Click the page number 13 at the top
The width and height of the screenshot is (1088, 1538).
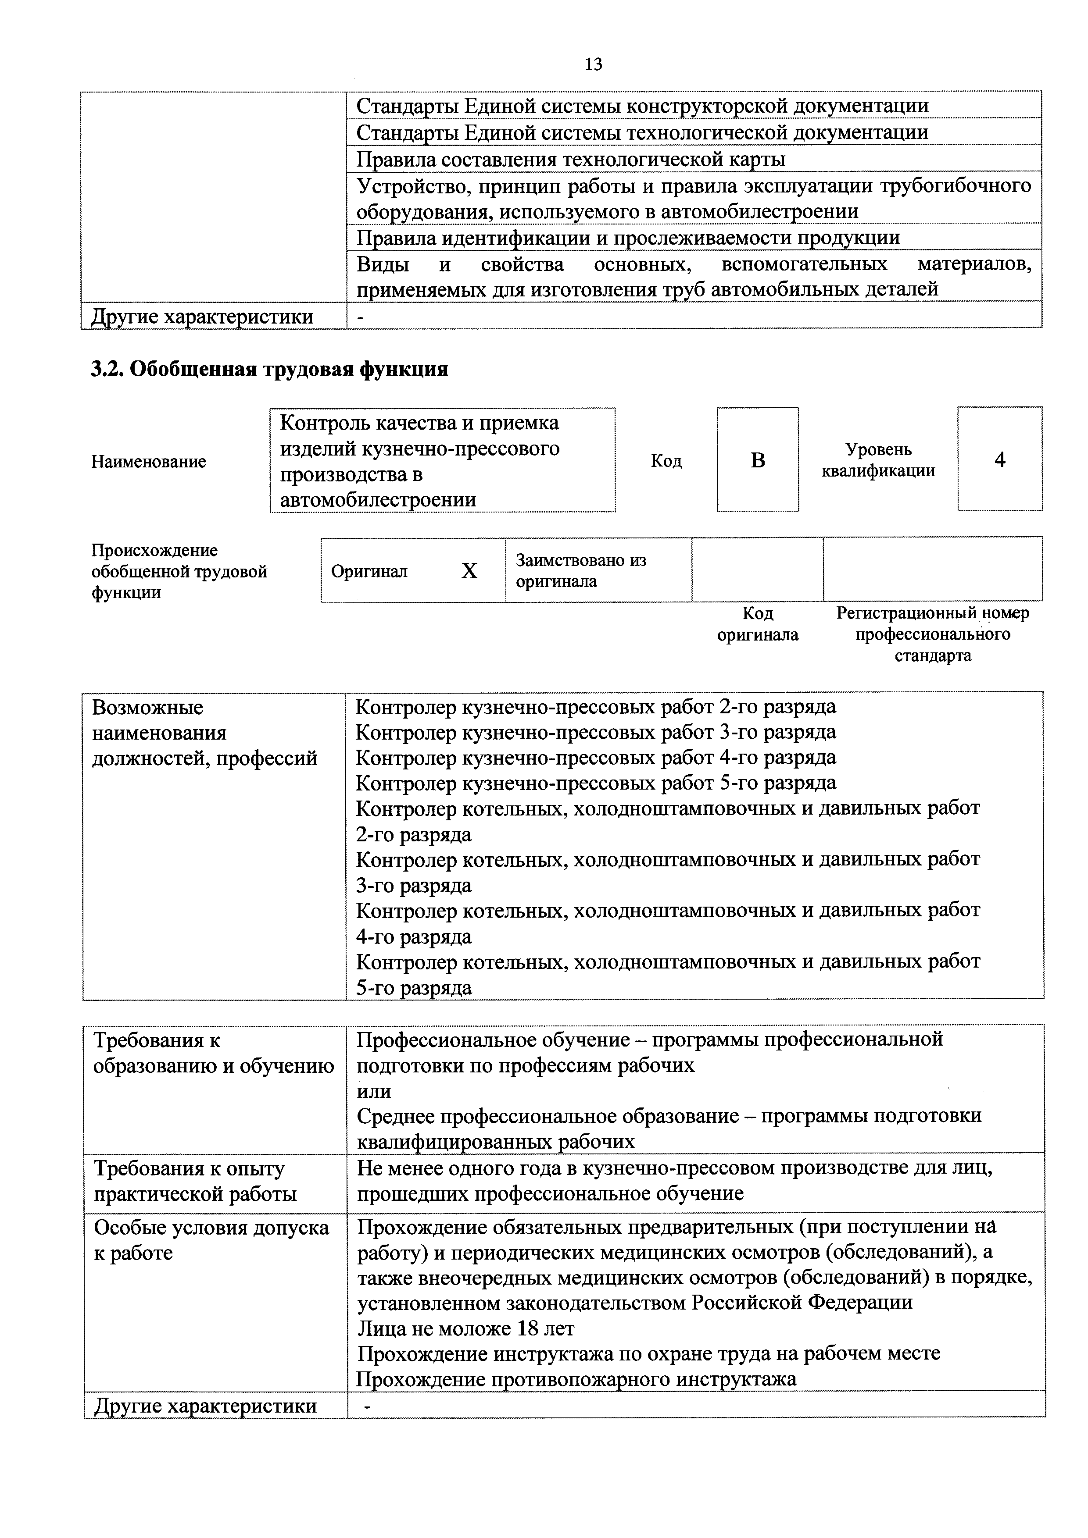[593, 64]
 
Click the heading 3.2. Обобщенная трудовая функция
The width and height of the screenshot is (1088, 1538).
[269, 369]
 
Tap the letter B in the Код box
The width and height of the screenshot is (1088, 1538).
[758, 460]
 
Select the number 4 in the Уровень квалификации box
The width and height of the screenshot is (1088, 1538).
[999, 459]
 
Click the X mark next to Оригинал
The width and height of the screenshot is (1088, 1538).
[469, 571]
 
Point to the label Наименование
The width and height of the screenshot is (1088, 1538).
[149, 462]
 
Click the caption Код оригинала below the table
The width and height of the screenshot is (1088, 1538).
[758, 623]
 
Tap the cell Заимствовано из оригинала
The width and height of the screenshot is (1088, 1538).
[580, 571]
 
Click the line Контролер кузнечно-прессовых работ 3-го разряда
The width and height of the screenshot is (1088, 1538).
[596, 731]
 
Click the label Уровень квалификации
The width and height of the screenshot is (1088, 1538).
[878, 459]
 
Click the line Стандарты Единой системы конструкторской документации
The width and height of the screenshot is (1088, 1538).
[642, 106]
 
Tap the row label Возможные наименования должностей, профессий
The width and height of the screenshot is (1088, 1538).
[204, 733]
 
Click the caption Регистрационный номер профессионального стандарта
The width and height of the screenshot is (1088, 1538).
[932, 634]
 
